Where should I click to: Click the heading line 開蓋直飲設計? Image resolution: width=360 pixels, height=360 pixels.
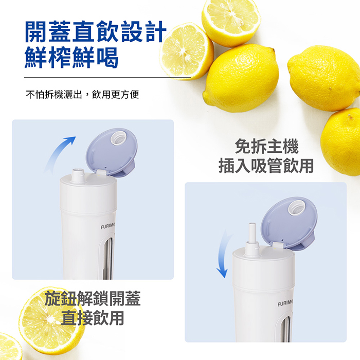pos(95,31)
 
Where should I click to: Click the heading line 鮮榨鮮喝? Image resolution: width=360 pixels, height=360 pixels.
pos(71,57)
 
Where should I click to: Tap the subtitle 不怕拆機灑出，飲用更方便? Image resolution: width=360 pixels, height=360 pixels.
pos(82,94)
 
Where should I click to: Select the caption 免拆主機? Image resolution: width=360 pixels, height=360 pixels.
pos(266,146)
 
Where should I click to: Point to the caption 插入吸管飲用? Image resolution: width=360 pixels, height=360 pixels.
pos(266,165)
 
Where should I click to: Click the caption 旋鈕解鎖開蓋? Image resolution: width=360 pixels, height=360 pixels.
pos(93,298)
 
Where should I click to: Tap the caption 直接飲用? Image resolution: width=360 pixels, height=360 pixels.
pos(93,318)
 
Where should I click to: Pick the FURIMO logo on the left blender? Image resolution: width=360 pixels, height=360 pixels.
pos(107,227)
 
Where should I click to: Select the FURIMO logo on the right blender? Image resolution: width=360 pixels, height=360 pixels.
pos(285,303)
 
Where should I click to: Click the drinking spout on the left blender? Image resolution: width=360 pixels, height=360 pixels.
pos(78,176)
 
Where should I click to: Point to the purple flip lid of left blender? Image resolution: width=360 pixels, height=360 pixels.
pos(112,152)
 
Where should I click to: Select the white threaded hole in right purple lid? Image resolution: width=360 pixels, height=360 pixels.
pos(297,208)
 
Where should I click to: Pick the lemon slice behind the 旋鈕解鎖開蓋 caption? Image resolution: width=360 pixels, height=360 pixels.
pos(51,319)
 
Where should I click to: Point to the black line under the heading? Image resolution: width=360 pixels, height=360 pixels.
pos(107,78)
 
